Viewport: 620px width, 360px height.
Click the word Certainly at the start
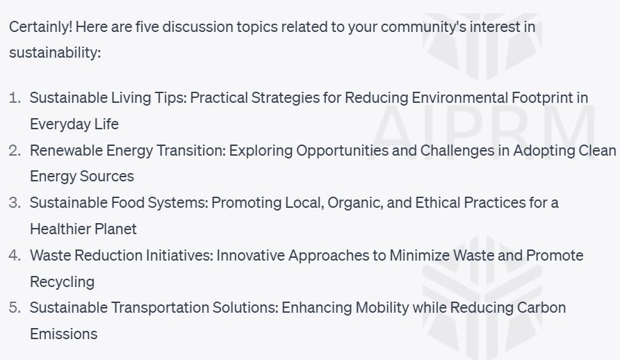(40, 27)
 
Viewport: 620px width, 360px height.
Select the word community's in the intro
(402, 27)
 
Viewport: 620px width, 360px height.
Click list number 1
(15, 98)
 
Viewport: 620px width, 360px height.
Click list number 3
(15, 203)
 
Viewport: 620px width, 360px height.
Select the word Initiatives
(179, 255)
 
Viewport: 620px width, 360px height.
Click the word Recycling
(62, 281)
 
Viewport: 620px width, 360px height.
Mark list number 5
(15, 307)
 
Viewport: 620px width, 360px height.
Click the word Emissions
(63, 334)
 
